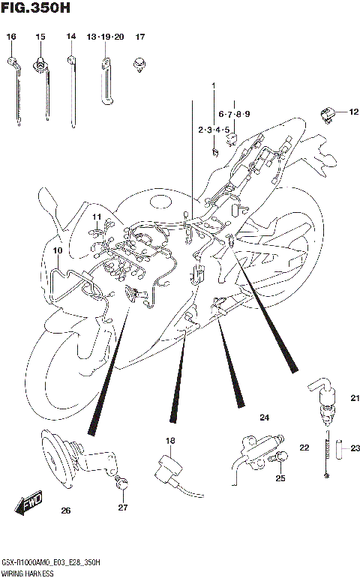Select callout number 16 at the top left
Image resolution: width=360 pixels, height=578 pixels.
point(11,37)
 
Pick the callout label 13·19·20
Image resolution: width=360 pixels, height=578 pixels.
point(104,37)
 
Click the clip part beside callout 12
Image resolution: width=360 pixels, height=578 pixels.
point(326,115)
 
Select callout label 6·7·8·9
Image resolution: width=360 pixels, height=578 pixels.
point(234,114)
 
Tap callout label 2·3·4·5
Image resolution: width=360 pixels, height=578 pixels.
point(213,130)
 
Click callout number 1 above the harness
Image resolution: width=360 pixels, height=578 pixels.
point(213,85)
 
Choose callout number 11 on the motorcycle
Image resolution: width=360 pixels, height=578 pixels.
point(97,217)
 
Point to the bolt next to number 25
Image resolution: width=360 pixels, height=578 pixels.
point(283,459)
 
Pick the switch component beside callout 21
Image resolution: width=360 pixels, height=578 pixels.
point(323,401)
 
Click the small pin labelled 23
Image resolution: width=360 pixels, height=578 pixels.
point(339,448)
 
